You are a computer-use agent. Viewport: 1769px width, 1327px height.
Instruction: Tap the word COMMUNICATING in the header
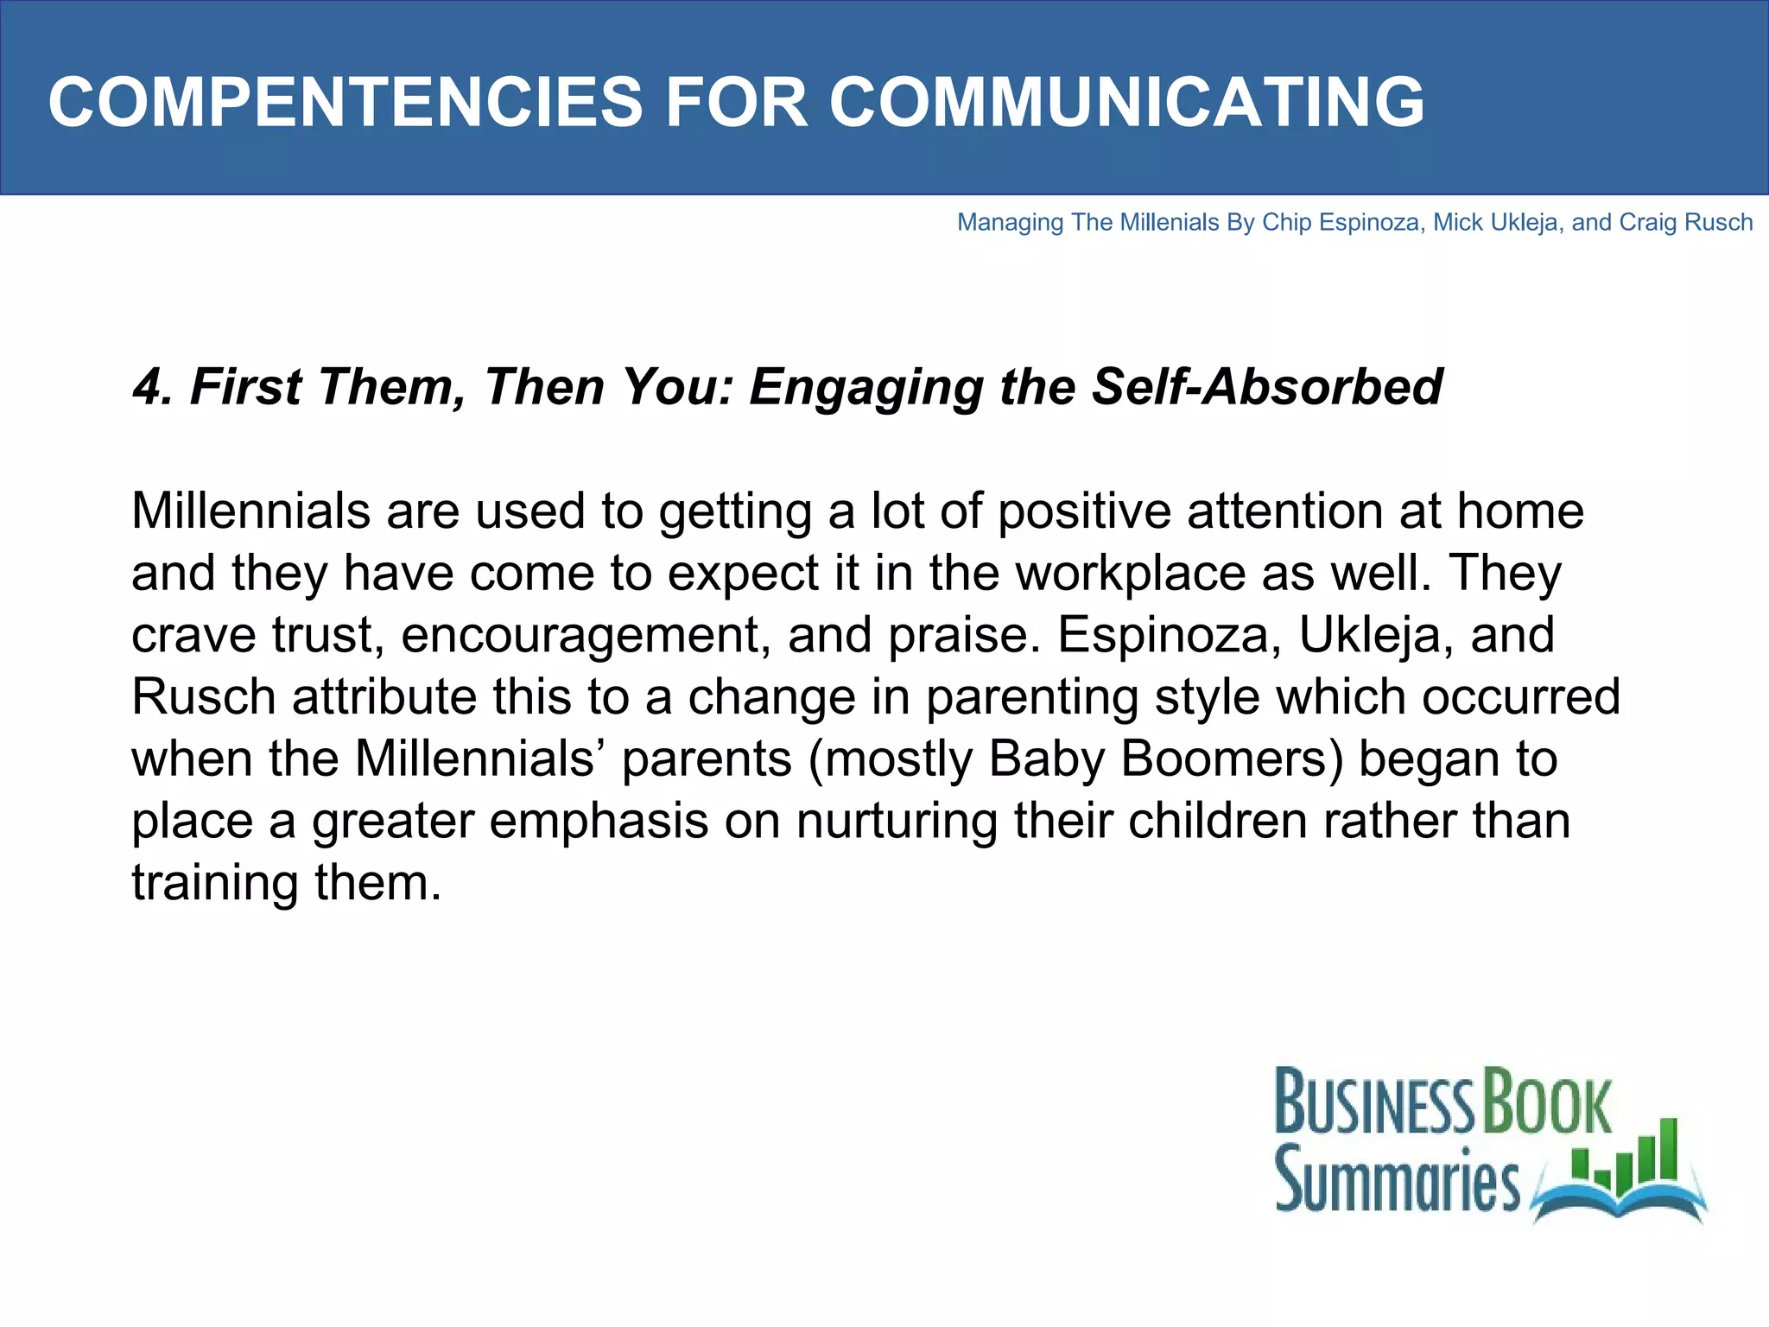click(1126, 102)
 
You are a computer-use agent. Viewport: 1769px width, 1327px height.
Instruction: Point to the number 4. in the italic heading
click(153, 386)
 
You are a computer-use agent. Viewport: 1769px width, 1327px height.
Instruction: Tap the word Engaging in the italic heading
click(865, 388)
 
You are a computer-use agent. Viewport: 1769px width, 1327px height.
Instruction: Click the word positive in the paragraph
click(1084, 511)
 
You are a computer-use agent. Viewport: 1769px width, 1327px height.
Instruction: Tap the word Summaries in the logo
click(1397, 1179)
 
